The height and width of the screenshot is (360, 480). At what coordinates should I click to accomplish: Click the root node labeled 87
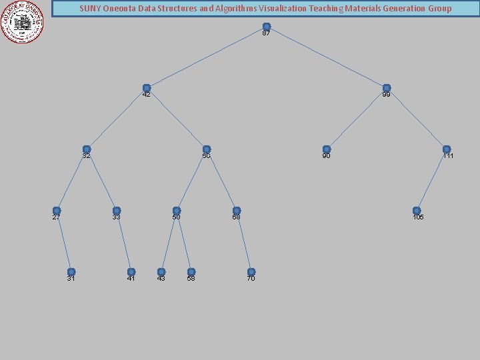click(x=267, y=27)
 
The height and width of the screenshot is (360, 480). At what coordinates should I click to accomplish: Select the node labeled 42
click(x=147, y=88)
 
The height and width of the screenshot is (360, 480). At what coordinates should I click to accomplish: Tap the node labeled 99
click(x=387, y=88)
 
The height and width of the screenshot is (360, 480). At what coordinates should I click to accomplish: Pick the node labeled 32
click(x=87, y=149)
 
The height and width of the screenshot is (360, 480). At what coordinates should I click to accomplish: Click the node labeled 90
click(x=327, y=149)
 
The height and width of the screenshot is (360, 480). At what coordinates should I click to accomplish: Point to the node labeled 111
click(x=447, y=149)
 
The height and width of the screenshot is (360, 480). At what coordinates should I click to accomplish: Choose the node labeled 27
click(x=57, y=211)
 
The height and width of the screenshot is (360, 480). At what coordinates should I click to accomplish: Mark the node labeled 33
click(x=117, y=211)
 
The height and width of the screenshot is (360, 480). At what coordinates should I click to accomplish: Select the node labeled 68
click(x=237, y=211)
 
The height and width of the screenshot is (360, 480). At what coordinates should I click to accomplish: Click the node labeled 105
click(x=417, y=211)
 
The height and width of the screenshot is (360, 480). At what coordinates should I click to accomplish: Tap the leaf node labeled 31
click(x=71, y=272)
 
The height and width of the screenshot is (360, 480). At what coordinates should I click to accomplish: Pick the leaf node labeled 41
click(x=131, y=272)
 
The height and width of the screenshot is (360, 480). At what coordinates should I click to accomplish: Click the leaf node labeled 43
click(x=161, y=272)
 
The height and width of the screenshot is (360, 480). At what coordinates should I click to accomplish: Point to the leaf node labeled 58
click(x=191, y=272)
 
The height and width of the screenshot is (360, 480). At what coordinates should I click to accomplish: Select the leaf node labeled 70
click(x=251, y=272)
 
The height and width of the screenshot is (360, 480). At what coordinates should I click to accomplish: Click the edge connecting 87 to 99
click(x=327, y=57)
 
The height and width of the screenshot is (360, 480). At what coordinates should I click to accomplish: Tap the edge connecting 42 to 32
click(x=117, y=119)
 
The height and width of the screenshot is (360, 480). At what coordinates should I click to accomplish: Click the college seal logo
click(x=23, y=22)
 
